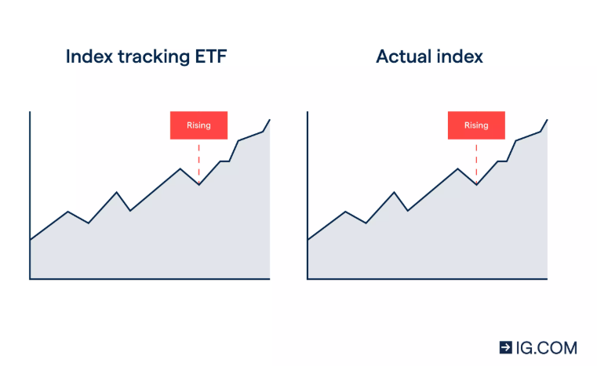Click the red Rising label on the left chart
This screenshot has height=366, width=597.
(198, 125)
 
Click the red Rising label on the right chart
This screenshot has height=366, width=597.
(476, 125)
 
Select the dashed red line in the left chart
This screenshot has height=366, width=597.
(198, 160)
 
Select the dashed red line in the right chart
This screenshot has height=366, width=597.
(476, 160)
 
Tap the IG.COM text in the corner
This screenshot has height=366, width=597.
(546, 347)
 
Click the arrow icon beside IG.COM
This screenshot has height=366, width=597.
(506, 347)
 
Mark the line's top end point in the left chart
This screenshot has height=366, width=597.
(270, 119)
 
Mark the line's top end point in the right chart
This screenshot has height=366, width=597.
(547, 119)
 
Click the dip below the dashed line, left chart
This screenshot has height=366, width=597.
(198, 184)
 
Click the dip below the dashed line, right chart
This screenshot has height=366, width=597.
(476, 184)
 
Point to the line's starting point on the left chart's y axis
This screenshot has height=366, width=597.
(30, 240)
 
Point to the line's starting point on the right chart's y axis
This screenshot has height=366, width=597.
(308, 240)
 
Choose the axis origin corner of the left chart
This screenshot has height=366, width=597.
(30, 278)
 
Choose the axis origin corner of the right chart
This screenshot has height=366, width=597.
(308, 278)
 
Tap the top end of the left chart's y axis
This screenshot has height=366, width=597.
(30, 112)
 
